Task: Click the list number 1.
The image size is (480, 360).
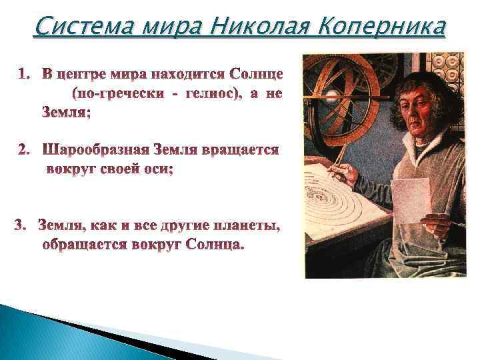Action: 24,71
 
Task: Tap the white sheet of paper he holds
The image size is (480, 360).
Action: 410,200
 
